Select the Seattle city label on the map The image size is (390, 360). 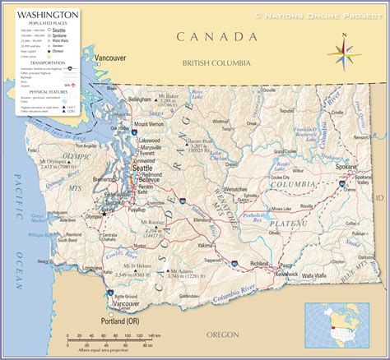pyautogui.click(x=142, y=168)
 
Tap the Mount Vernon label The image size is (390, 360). pyautogui.click(x=149, y=125)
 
